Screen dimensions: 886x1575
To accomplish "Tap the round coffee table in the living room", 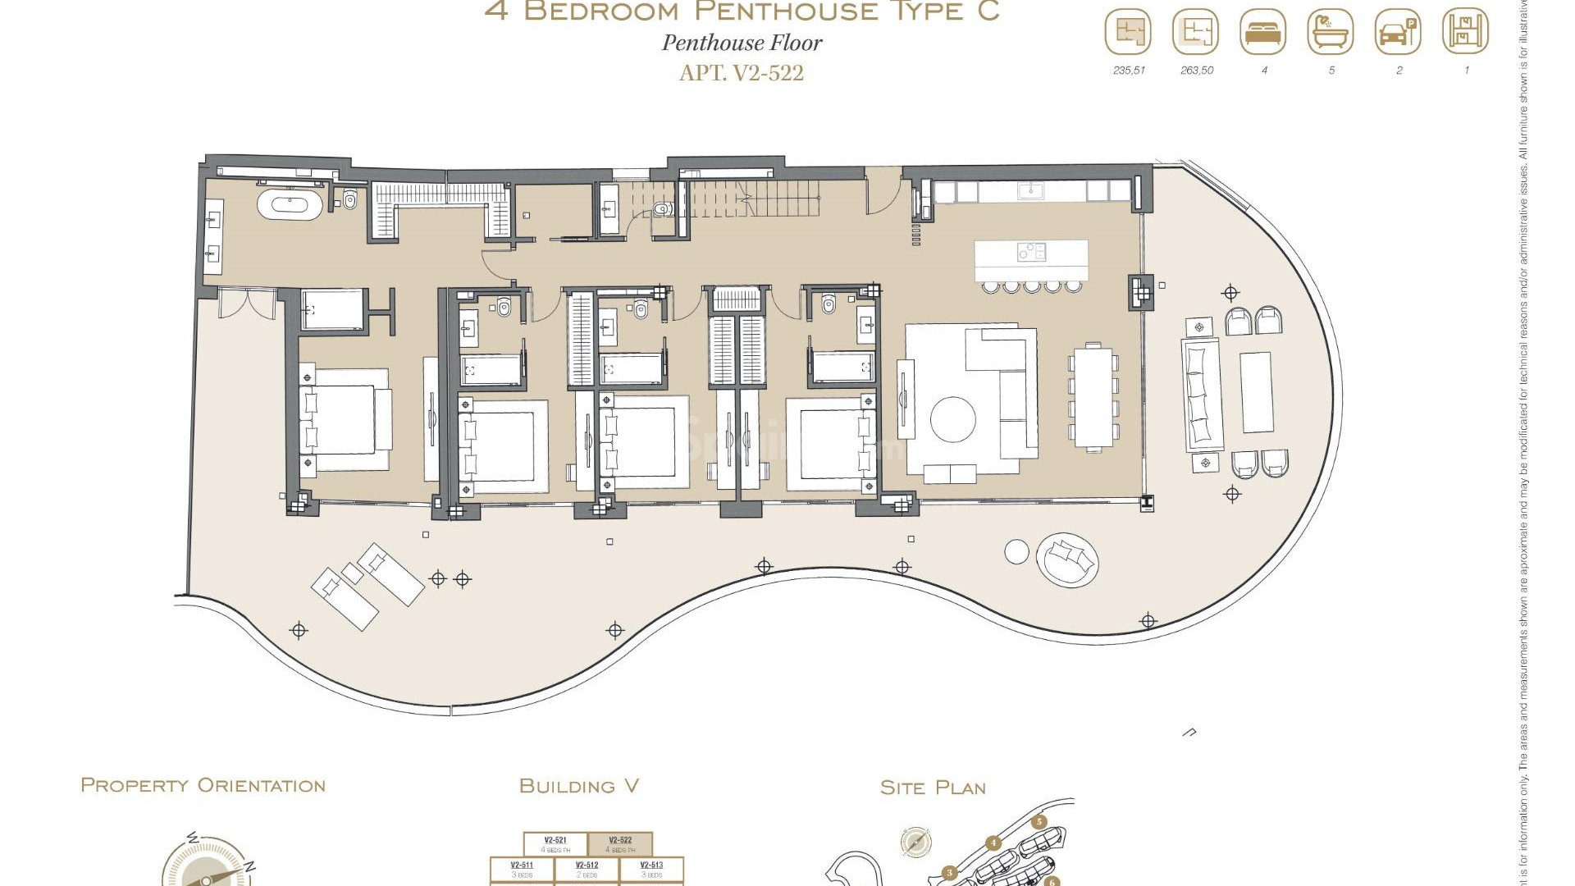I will coord(953,420).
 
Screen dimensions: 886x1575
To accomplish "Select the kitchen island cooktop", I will coord(1031,252).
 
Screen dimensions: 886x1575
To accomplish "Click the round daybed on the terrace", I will coord(1066,560).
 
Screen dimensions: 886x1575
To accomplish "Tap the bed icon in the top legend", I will coord(1263,33).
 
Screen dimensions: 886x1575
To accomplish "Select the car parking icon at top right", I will coord(1398,33).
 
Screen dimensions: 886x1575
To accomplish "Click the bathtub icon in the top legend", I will coord(1331,33).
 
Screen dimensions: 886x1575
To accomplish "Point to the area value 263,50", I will coord(1197,71).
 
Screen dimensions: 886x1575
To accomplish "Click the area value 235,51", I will coord(1129,71).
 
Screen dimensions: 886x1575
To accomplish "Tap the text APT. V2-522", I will coord(742,73).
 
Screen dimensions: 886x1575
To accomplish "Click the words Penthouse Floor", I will coord(742,43).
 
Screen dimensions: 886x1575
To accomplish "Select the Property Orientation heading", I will coord(203,786).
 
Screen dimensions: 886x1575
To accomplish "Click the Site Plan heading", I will coord(933,788).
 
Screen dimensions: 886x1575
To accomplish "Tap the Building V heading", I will coord(578,787).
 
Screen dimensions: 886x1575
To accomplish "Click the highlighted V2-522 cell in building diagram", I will coord(620,844).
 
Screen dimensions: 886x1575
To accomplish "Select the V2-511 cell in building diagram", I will coord(522,869).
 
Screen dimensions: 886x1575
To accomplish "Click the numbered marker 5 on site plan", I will coord(1039,822).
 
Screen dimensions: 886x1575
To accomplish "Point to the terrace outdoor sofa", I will coord(1202,395).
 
